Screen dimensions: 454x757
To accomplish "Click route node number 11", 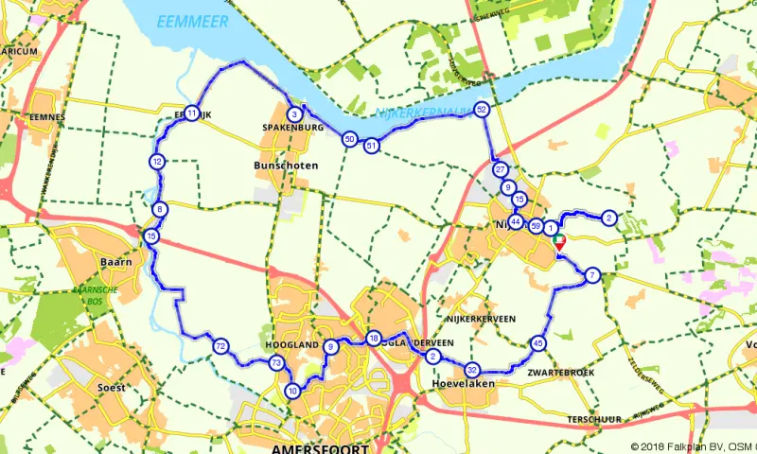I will coord(192,113).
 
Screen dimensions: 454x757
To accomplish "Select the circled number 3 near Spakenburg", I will coord(295,114).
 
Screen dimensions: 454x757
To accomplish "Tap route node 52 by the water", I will coord(483,109).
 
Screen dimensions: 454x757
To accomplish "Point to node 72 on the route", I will coord(220,346).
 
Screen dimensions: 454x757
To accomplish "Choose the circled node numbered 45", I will coord(538,343).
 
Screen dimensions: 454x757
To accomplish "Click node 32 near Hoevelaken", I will coord(472,370).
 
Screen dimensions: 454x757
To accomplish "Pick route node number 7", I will coord(592,275).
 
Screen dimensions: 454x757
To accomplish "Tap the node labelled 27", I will coord(501,169).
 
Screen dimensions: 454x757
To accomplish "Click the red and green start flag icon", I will coord(559,242).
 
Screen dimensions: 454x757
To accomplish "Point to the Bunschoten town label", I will coord(287,166).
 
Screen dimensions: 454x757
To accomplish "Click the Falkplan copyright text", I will coord(693,446).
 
